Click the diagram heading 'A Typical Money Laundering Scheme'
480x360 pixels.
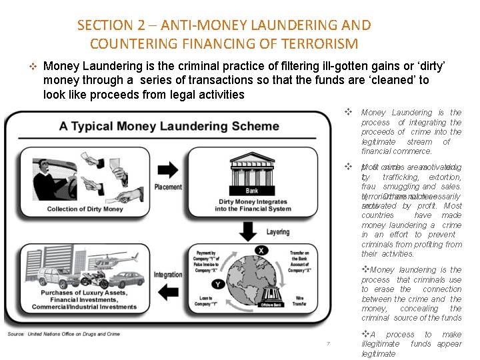[x=169, y=126]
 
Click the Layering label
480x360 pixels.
[x=277, y=232]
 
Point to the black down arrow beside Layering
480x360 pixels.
[x=248, y=231]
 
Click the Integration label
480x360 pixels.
[x=168, y=274]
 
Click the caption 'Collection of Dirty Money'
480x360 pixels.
[x=85, y=209]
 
